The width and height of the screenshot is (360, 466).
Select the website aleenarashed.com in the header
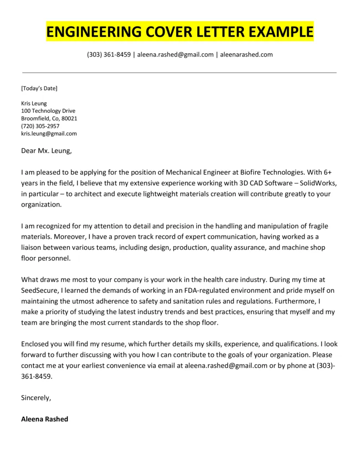(246, 55)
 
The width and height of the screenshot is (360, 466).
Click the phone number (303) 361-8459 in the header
(109, 55)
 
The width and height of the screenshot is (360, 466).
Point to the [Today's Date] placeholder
(39, 88)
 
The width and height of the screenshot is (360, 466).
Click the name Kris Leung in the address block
(34, 103)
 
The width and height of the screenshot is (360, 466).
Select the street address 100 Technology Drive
(48, 111)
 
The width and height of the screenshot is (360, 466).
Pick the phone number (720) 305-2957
(40, 126)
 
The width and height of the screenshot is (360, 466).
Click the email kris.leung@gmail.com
(49, 133)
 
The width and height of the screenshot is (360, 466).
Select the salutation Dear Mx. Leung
(46, 151)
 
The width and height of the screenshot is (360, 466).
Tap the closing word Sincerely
(36, 397)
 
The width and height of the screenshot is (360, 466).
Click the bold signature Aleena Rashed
(45, 419)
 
